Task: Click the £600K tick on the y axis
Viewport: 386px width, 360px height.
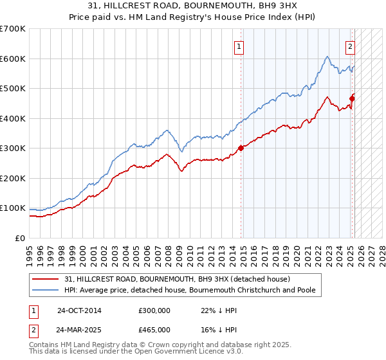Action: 13,59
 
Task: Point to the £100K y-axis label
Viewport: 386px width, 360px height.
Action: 13,208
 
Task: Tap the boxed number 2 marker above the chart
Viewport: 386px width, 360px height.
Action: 351,46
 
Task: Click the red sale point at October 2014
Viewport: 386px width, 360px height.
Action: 241,148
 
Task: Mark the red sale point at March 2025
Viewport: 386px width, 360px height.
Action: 353,98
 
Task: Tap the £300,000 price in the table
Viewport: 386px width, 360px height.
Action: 154,310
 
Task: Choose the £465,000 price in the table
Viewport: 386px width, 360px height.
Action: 154,329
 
